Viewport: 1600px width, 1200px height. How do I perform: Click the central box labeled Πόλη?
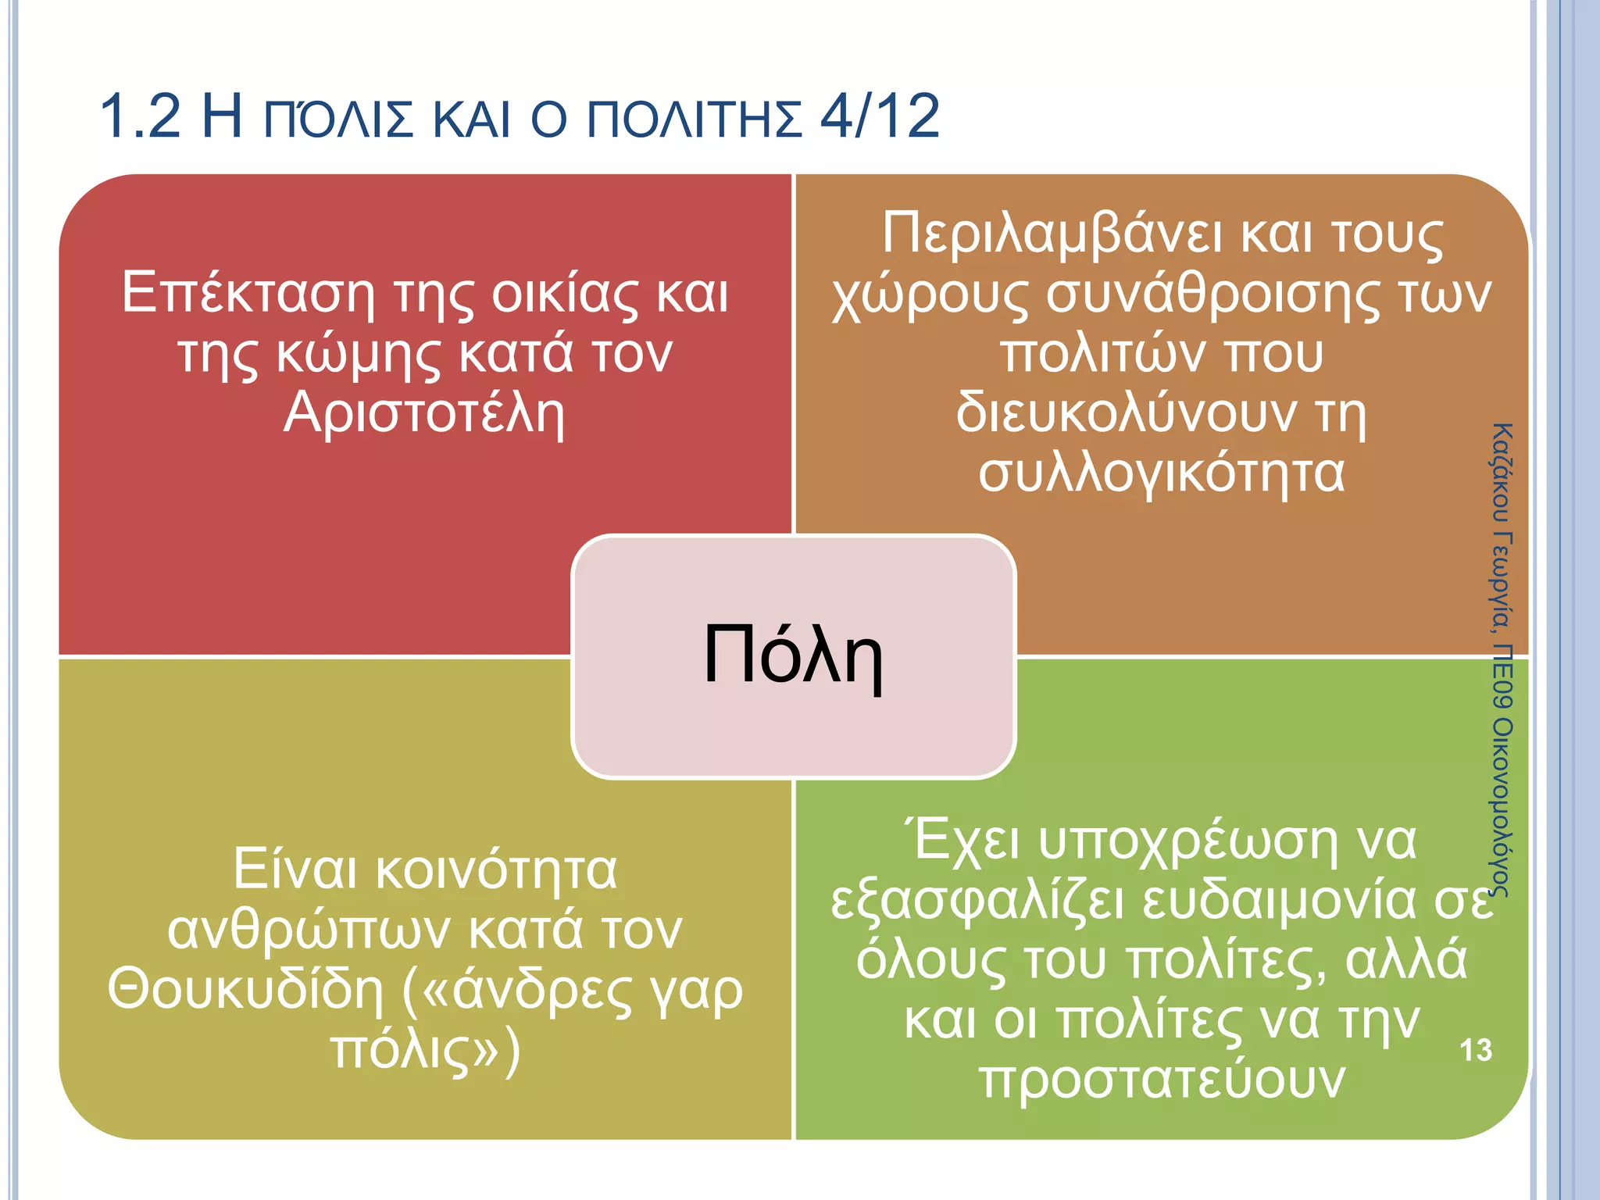tap(793, 656)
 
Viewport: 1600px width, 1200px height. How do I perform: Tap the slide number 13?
tap(1475, 1050)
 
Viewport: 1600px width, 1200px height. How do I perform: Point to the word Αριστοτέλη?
tap(424, 414)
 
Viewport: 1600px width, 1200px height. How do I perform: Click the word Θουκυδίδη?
tap(247, 991)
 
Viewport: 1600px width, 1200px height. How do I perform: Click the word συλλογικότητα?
tap(1162, 473)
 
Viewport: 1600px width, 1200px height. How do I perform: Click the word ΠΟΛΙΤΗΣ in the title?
tap(695, 120)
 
